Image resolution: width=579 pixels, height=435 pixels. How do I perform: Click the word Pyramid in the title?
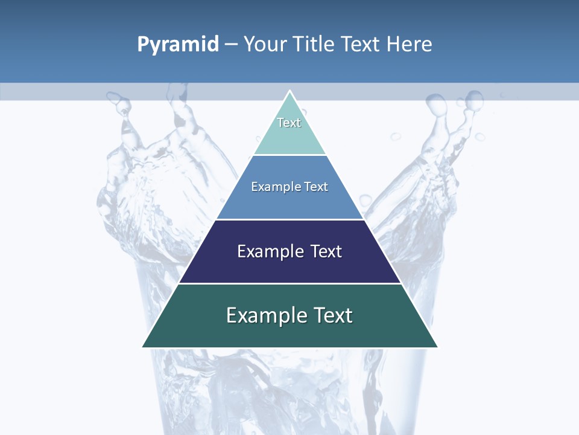(177, 45)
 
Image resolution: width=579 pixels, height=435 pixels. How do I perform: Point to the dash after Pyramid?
(231, 45)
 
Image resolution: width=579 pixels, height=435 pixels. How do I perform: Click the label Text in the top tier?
(289, 123)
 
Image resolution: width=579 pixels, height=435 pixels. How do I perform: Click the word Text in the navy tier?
(326, 251)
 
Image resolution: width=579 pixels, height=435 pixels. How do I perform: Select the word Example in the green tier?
(266, 315)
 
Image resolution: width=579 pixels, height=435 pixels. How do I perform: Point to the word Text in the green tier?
(333, 315)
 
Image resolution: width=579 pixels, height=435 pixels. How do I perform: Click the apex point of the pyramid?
(289, 91)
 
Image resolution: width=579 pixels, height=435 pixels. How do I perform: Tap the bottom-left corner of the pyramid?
(143, 347)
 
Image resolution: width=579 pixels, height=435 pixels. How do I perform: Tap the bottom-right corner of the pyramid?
(437, 347)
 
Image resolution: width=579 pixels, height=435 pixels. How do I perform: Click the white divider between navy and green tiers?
(289, 283)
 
